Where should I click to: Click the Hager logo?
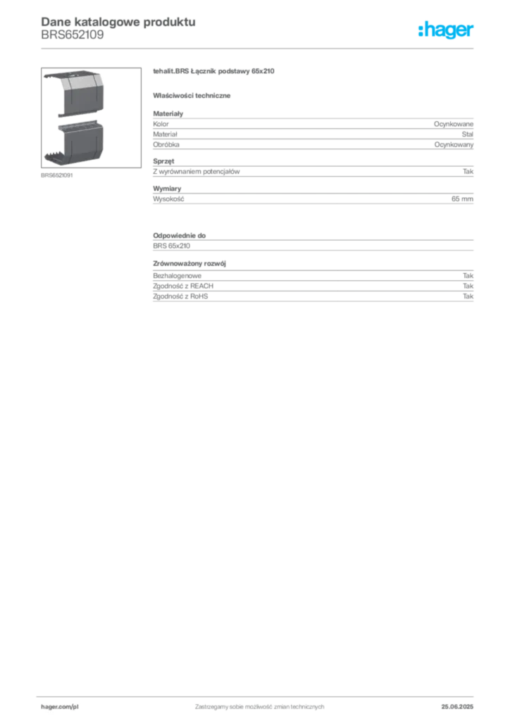click(445, 30)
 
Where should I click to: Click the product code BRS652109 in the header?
click(72, 35)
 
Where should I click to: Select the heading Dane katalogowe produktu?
click(118, 22)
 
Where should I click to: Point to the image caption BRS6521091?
click(56, 175)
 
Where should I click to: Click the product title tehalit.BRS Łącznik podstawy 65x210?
click(213, 71)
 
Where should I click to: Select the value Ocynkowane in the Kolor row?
click(453, 124)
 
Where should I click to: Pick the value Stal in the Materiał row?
click(467, 134)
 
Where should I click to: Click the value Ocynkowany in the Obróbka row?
click(454, 144)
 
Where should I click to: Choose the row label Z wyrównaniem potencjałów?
click(197, 172)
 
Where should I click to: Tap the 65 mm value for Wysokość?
click(462, 199)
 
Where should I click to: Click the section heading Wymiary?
click(167, 189)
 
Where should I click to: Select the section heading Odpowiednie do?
click(180, 235)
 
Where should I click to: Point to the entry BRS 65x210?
click(172, 246)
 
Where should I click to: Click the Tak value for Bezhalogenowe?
click(468, 276)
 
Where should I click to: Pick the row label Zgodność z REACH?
click(183, 286)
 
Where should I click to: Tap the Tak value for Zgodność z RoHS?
click(468, 296)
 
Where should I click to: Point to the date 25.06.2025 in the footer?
click(457, 707)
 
